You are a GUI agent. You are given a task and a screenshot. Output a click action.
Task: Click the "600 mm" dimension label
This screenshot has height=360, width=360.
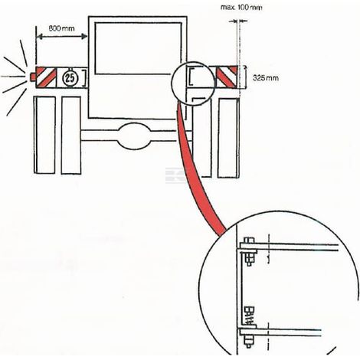tap(61, 28)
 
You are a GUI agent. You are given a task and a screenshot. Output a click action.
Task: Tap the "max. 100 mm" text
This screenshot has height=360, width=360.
tap(241, 8)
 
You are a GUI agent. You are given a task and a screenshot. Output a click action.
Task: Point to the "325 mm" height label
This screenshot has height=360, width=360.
tap(266, 77)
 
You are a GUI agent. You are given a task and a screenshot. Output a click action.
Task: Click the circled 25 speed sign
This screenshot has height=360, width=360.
tap(70, 77)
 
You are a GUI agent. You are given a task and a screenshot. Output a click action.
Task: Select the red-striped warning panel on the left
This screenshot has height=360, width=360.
tap(46, 77)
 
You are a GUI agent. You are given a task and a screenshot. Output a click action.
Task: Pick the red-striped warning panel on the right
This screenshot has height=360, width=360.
tap(227, 77)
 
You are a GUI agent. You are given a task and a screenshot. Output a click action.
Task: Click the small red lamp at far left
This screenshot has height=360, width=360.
tap(33, 77)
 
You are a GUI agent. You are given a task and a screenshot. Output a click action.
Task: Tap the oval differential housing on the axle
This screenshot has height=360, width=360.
tap(134, 136)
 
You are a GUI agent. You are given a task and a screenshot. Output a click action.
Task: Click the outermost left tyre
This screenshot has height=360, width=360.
tap(44, 135)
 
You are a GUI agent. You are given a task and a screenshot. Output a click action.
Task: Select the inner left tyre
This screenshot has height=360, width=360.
tap(71, 136)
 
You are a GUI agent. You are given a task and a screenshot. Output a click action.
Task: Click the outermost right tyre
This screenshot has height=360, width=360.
tap(228, 138)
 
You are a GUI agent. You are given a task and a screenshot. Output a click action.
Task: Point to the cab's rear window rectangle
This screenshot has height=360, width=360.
tap(138, 48)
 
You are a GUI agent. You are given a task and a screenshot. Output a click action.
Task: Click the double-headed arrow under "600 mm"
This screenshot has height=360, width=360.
tap(62, 37)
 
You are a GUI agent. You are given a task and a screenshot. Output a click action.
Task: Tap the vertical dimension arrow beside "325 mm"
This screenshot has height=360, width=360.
tap(245, 77)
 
